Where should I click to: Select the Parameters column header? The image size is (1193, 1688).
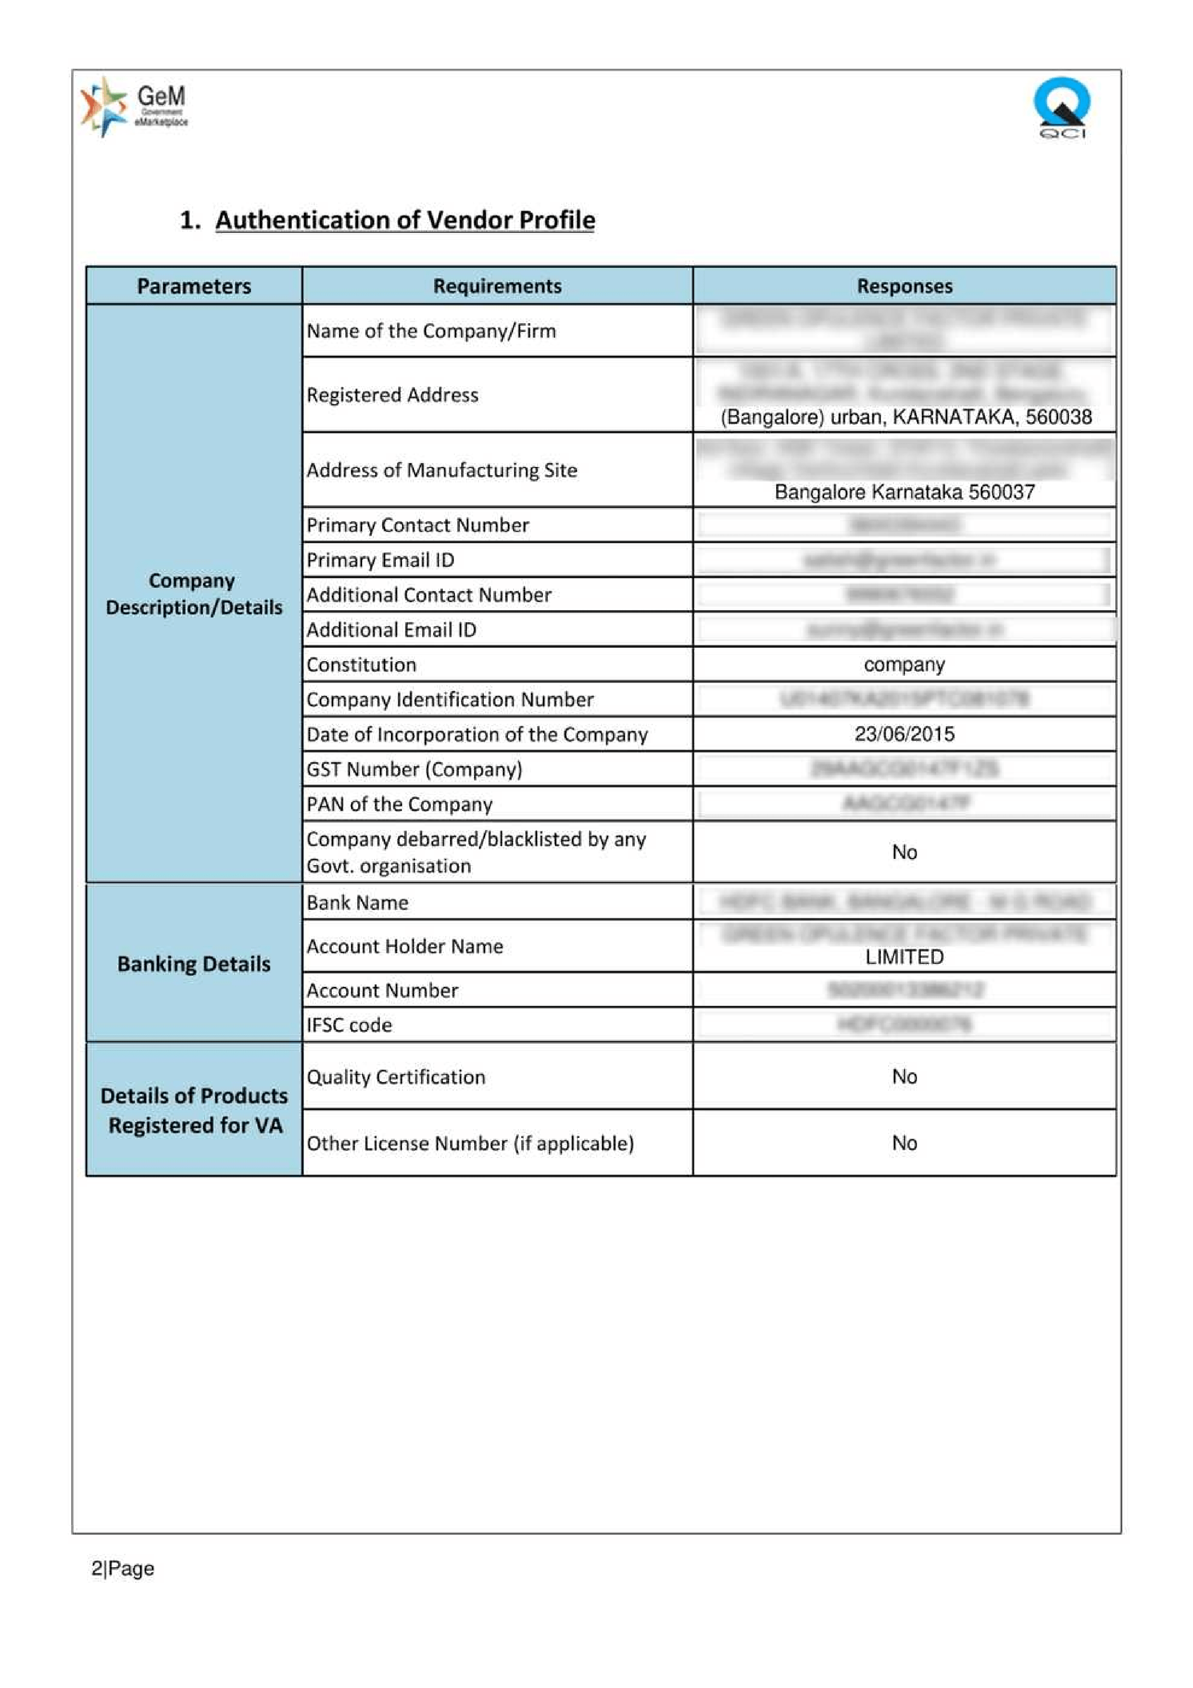coord(194,286)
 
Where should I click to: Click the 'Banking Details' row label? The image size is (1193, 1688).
coord(194,963)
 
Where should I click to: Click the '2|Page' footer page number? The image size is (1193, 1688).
coord(123,1568)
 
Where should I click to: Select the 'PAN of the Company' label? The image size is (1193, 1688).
coord(399,804)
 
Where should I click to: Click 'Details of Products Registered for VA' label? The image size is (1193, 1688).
coord(194,1110)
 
